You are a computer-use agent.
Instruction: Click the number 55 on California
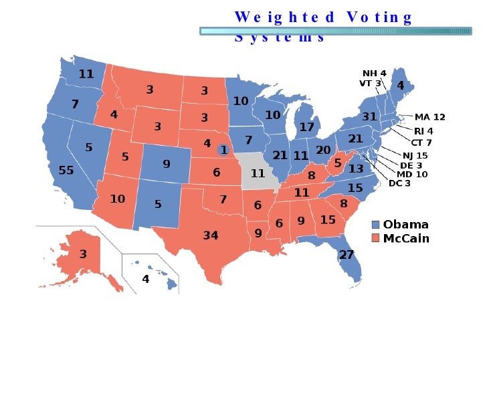66,171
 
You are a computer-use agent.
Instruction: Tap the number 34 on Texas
211,235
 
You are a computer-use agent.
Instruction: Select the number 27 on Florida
346,255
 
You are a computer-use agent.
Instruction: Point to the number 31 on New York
370,116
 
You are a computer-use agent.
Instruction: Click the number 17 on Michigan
307,126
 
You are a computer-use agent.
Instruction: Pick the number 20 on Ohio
323,150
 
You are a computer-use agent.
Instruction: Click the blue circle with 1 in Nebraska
224,150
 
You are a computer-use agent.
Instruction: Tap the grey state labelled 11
258,173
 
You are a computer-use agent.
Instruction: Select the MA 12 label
429,117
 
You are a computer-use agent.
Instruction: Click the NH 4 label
375,74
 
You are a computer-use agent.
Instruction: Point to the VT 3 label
370,84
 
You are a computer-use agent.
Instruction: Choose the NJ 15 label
415,155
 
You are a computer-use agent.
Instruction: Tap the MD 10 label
412,174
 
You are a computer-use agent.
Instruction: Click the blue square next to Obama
375,225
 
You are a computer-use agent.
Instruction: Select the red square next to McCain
375,238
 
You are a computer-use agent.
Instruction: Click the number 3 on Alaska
83,254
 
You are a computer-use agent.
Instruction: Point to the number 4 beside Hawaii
145,279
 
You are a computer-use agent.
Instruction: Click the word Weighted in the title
285,17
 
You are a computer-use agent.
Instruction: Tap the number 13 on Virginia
356,169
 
